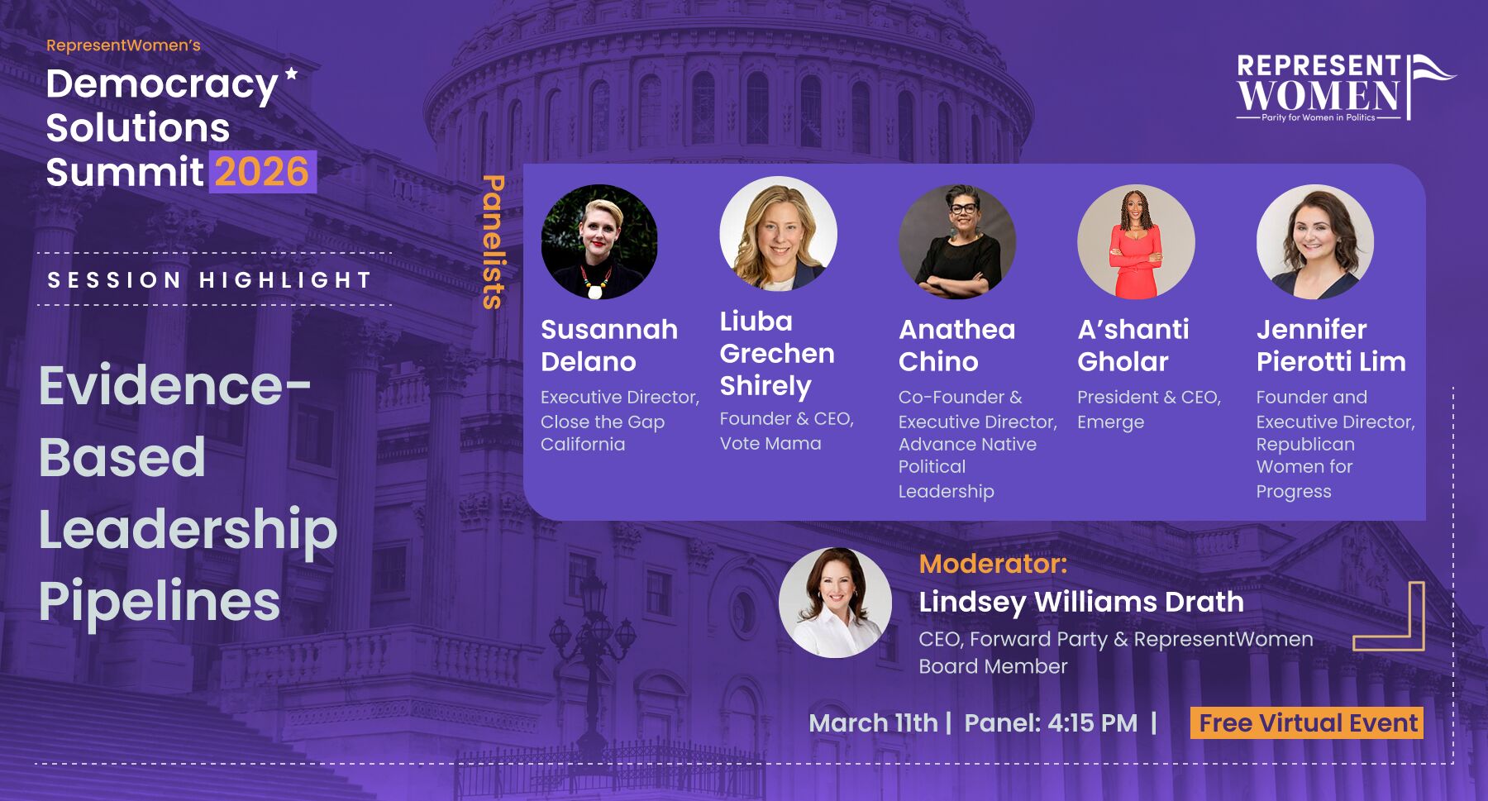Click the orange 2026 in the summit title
(262, 172)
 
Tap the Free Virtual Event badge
(1307, 723)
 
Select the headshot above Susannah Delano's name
(599, 241)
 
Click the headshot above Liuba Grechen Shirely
(779, 234)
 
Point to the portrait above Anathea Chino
(957, 241)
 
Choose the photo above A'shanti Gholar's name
(1136, 241)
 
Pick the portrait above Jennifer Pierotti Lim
(1315, 241)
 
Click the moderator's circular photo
(835, 603)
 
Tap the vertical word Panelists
(493, 241)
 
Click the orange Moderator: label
(993, 564)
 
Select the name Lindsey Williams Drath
(1081, 602)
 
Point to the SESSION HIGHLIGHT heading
(209, 280)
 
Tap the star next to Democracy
(291, 74)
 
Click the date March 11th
(873, 723)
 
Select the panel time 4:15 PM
(1092, 723)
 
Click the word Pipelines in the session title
(160, 602)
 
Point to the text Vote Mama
(770, 443)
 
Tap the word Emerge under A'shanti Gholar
(1110, 422)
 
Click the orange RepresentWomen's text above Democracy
(123, 45)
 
